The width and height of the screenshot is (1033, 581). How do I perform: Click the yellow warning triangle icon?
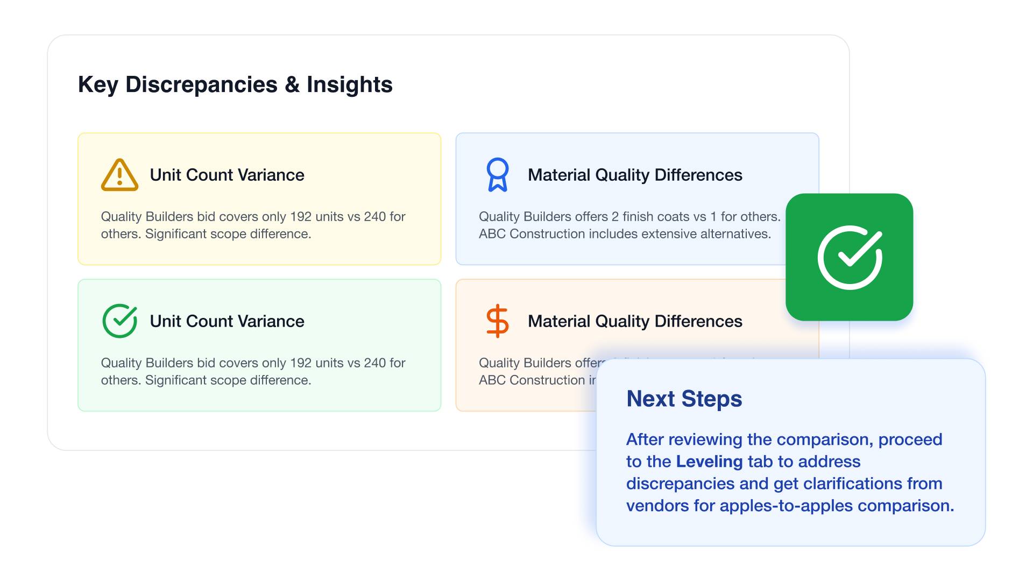(119, 175)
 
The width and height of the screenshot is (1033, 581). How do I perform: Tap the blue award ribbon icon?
(497, 175)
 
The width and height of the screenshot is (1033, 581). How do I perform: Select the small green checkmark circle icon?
(119, 321)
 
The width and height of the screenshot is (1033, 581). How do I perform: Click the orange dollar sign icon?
(497, 321)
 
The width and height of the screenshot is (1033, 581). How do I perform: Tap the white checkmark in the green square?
(850, 257)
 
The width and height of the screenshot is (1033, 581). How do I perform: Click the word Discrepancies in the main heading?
(201, 84)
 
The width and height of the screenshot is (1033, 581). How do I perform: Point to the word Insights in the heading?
(349, 84)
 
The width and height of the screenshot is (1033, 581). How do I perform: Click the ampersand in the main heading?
(292, 84)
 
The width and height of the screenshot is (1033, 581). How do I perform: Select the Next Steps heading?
(684, 399)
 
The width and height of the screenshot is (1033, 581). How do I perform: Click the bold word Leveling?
(709, 462)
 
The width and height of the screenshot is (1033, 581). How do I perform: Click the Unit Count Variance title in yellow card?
(227, 175)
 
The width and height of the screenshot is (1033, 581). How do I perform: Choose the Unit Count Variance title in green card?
(227, 321)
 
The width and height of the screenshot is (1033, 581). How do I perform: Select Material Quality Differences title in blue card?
(635, 175)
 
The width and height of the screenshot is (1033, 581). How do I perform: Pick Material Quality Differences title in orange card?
(635, 321)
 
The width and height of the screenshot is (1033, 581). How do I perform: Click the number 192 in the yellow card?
(301, 217)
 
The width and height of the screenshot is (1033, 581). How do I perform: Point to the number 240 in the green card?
(374, 363)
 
